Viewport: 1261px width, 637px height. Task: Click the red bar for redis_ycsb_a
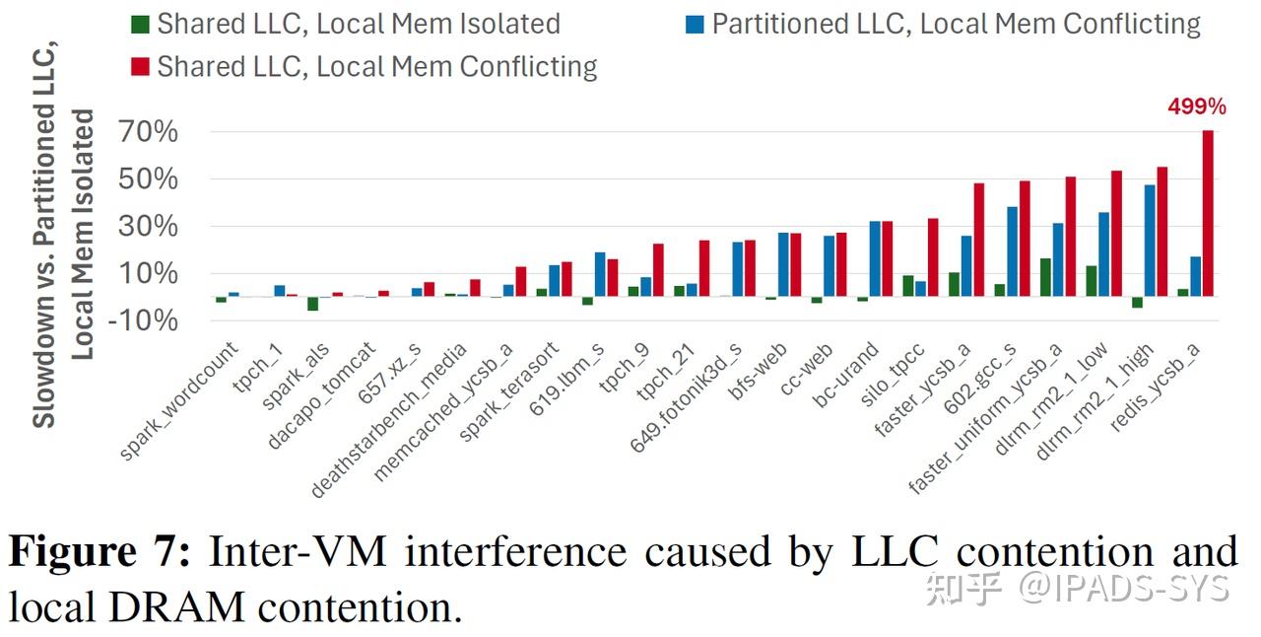pos(1208,213)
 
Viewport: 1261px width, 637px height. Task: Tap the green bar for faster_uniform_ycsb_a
pos(1045,277)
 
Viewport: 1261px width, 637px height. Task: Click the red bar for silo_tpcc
pos(932,257)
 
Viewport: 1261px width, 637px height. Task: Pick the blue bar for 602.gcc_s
pos(1012,251)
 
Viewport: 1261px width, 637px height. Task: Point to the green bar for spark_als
pos(312,304)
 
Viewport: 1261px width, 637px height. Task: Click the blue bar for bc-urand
pos(875,258)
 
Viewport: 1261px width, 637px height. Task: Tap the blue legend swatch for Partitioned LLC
pos(696,24)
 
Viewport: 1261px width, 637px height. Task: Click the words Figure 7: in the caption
pos(99,553)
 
